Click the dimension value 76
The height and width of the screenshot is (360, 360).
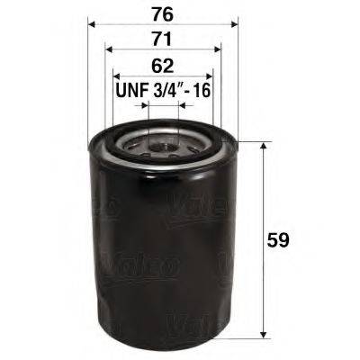point(163,13)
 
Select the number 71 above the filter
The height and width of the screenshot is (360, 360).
point(163,39)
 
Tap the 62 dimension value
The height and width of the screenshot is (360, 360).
point(163,66)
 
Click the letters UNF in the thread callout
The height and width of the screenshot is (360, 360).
point(131,91)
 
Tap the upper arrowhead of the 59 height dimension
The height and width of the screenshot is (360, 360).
point(262,145)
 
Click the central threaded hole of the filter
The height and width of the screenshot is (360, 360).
point(163,141)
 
